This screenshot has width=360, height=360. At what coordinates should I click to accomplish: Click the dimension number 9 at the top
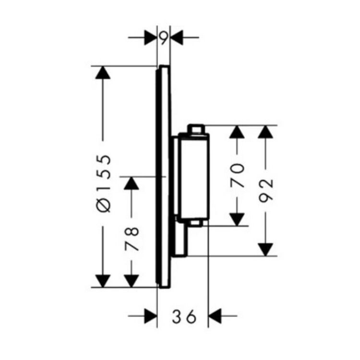click(164, 38)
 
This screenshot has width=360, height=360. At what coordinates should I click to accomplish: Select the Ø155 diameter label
click(103, 183)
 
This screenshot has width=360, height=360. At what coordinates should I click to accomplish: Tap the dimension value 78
click(132, 239)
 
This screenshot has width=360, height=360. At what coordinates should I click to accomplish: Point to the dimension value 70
click(237, 175)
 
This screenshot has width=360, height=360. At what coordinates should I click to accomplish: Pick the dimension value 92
click(266, 191)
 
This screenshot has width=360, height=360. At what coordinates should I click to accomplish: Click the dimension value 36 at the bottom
click(184, 316)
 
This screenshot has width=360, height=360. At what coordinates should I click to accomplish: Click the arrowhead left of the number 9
click(151, 37)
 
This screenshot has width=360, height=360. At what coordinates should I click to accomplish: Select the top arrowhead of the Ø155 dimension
click(103, 72)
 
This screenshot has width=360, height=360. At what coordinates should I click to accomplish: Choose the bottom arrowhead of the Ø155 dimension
click(103, 281)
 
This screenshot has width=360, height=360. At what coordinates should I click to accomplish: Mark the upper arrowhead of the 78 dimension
click(132, 183)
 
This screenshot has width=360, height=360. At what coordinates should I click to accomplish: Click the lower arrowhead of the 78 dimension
click(132, 281)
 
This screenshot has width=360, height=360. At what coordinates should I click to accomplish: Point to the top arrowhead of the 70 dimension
click(237, 132)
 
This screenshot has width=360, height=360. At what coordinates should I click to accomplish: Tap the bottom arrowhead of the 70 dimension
click(237, 220)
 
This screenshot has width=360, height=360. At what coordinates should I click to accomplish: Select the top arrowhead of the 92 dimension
click(265, 132)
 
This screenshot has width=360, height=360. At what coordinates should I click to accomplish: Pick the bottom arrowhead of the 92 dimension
click(265, 250)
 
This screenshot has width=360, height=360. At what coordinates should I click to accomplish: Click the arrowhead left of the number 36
click(151, 316)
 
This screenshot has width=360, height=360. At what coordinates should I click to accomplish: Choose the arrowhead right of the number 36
click(214, 316)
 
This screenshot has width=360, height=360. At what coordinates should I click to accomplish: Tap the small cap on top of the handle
click(196, 129)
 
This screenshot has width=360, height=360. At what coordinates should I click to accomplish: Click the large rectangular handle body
click(194, 176)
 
